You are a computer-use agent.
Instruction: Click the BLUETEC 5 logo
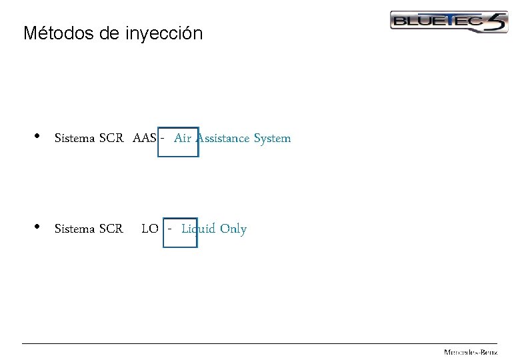pyautogui.click(x=448, y=22)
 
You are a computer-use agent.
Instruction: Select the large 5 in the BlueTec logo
pyautogui.click(x=496, y=22)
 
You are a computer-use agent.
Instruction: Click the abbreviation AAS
pyautogui.click(x=145, y=139)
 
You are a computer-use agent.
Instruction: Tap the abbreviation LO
pyautogui.click(x=150, y=229)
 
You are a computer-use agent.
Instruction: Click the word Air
pyautogui.click(x=183, y=139)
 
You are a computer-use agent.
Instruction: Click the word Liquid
pyautogui.click(x=199, y=229)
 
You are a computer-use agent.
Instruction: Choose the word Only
pyautogui.click(x=233, y=229)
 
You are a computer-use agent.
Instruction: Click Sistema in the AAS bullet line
pyautogui.click(x=75, y=139)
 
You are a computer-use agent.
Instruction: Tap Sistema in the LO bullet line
pyautogui.click(x=75, y=229)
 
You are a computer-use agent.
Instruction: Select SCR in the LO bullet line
pyautogui.click(x=111, y=229)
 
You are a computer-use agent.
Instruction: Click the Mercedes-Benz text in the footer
pyautogui.click(x=471, y=351)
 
